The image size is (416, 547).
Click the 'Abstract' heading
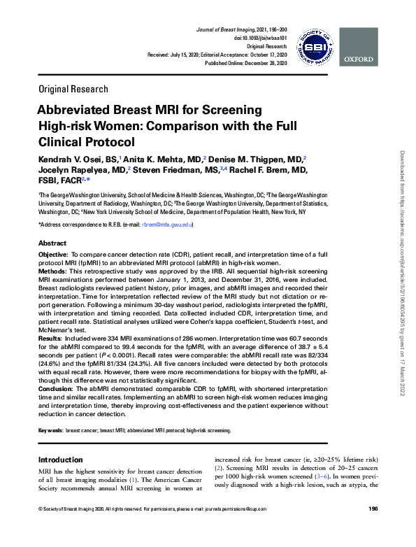[x=53, y=242]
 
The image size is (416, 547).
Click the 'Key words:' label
[x=51, y=431]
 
